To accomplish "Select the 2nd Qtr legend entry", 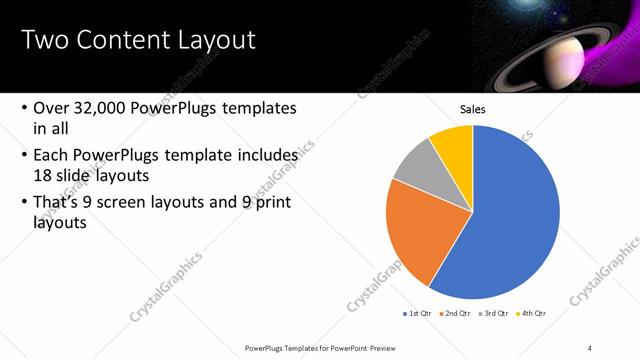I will [x=456, y=314].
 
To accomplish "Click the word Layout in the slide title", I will [x=217, y=40].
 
